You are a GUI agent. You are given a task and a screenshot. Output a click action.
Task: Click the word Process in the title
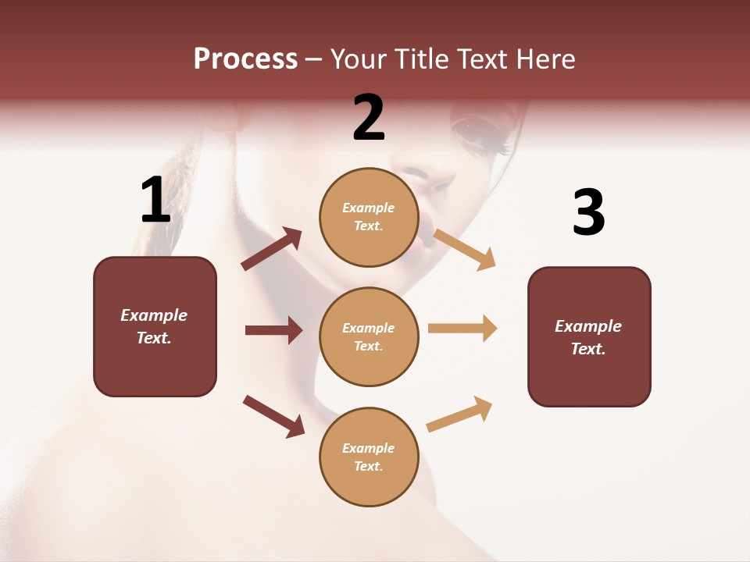[245, 59]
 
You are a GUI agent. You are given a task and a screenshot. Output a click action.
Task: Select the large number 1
[155, 201]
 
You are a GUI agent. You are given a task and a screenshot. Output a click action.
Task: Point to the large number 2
[369, 118]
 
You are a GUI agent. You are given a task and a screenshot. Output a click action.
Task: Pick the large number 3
[589, 212]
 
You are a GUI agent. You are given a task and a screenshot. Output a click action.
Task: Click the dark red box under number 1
[155, 326]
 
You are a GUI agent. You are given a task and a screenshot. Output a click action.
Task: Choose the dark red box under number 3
[589, 337]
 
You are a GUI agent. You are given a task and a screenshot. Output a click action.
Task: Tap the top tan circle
[369, 217]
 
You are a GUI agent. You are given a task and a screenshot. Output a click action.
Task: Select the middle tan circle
[369, 337]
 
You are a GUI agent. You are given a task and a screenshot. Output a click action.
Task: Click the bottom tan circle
[369, 457]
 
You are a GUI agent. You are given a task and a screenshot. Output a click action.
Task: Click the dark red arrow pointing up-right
[272, 249]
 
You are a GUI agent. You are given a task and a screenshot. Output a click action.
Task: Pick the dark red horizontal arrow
[273, 330]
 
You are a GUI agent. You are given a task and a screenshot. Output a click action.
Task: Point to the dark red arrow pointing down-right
[273, 416]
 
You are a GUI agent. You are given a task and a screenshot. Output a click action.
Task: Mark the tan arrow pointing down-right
[465, 250]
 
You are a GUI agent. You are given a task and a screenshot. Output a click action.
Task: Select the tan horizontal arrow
[462, 328]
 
